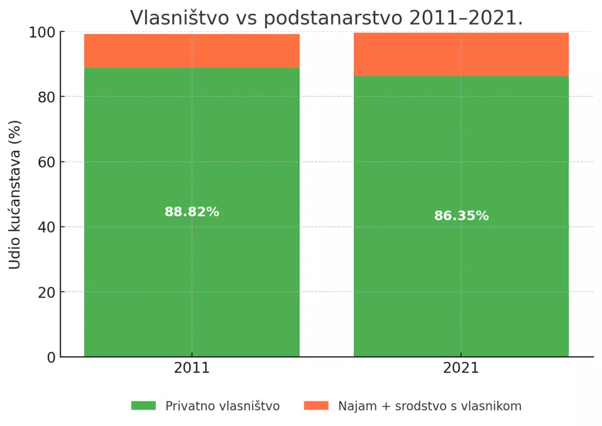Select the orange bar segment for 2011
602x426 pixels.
[x=192, y=51]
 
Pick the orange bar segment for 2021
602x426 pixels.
[x=461, y=54]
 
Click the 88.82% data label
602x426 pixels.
[x=192, y=212]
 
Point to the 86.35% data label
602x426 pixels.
[x=461, y=216]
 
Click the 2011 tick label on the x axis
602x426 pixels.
[x=192, y=368]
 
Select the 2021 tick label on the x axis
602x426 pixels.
[x=461, y=368]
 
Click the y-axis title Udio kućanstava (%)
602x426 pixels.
[x=15, y=194]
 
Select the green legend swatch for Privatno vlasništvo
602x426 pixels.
[x=143, y=405]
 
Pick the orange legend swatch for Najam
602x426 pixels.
[x=316, y=405]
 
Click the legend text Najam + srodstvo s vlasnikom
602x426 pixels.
[x=430, y=406]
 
